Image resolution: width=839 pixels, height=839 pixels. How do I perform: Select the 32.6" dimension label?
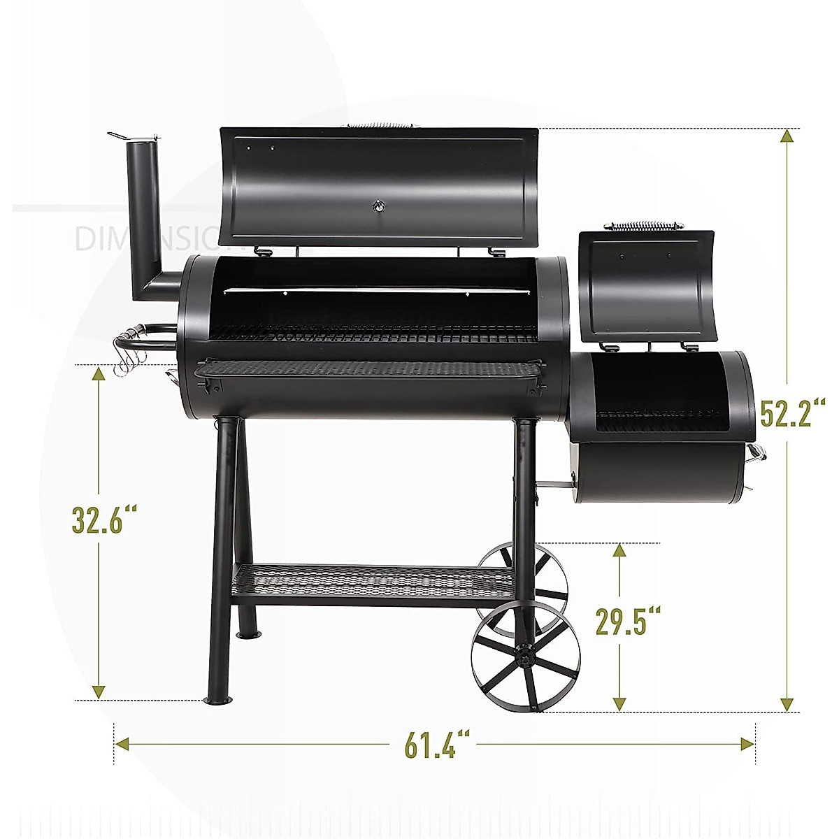103,519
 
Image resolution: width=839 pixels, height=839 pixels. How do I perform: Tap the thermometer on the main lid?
378,206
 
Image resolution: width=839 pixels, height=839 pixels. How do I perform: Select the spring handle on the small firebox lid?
643,226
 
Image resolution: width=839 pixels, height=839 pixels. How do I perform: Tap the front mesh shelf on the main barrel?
371,368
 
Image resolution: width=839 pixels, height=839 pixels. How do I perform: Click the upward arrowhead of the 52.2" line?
788,136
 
